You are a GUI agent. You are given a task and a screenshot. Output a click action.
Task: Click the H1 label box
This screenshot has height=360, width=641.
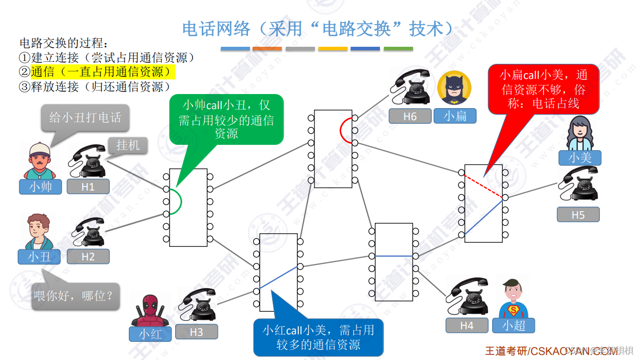tap(88, 187)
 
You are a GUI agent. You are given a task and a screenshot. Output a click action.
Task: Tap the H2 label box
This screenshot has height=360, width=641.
tap(88, 257)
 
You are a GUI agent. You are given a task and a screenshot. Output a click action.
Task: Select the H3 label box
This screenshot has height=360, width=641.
tap(197, 332)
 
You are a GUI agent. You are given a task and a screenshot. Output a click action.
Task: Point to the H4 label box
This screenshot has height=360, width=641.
tap(467, 326)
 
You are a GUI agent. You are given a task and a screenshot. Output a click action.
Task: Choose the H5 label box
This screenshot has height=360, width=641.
tap(578, 215)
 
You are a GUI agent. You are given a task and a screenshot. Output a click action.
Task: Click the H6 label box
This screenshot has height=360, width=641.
tap(410, 116)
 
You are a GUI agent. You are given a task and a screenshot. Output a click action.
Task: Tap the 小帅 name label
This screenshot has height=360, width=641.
tap(40, 187)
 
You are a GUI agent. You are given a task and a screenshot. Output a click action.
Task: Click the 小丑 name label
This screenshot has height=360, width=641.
tap(39, 257)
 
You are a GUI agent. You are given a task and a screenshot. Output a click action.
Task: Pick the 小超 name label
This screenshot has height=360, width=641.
tap(514, 326)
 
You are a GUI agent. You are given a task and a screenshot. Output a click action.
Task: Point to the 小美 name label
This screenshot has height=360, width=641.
tap(580, 158)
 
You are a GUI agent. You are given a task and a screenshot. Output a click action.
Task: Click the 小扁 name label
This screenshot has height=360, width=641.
tap(455, 116)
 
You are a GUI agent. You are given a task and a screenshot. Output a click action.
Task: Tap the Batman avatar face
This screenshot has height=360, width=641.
tap(454, 88)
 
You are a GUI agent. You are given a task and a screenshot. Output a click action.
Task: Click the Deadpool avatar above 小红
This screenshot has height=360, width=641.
tap(150, 308)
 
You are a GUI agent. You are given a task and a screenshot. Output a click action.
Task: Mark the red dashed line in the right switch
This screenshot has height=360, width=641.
tap(483, 185)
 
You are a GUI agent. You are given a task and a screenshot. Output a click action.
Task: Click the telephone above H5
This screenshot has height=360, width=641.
tap(579, 185)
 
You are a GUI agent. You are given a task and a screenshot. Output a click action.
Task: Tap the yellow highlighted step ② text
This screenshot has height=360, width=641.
tap(103, 72)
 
